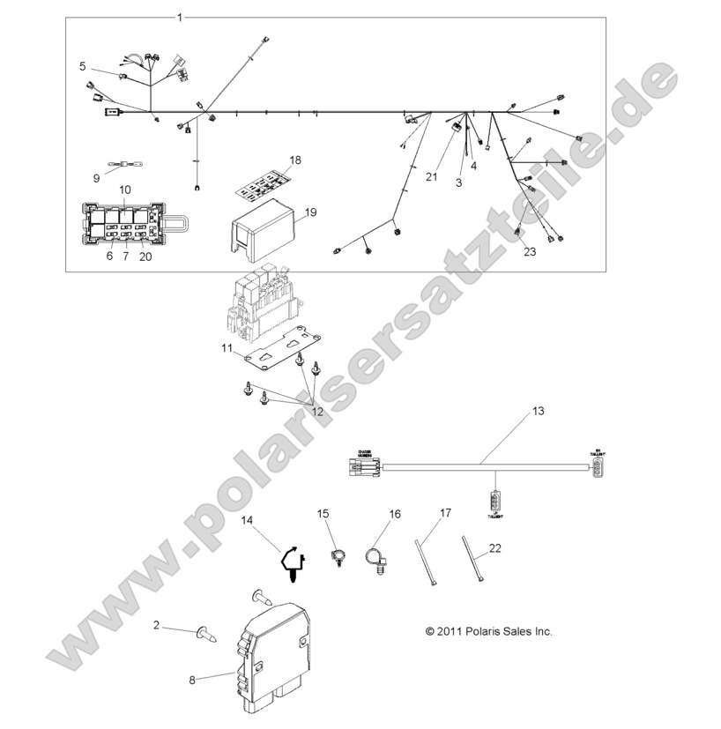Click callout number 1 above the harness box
tap(181, 18)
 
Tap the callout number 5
tap(83, 65)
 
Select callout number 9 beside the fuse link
tap(96, 178)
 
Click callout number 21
tap(431, 177)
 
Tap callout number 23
tap(530, 252)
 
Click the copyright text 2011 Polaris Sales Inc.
tap(488, 631)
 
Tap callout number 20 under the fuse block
tap(145, 257)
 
